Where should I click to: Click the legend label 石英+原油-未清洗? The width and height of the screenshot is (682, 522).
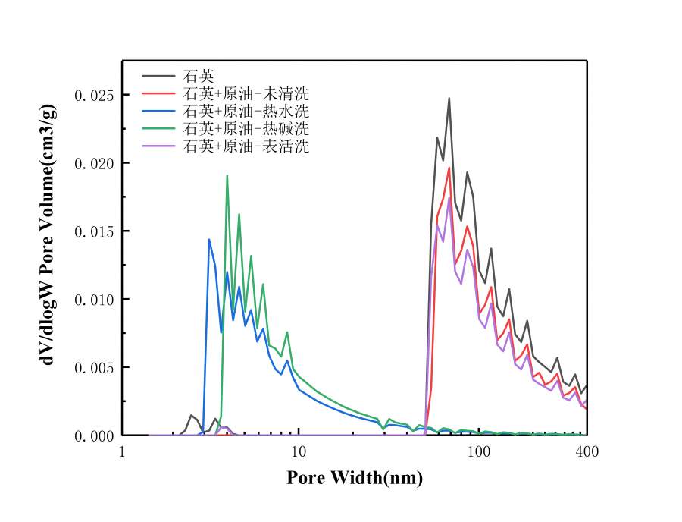pyautogui.click(x=246, y=94)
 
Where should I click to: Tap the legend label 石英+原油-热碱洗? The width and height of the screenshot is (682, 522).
pyautogui.click(x=246, y=128)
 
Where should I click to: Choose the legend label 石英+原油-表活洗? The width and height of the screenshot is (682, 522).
pyautogui.click(x=246, y=146)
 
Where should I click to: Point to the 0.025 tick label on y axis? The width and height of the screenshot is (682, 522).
pyautogui.click(x=92, y=96)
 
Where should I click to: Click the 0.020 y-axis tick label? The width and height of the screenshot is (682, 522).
pyautogui.click(x=92, y=163)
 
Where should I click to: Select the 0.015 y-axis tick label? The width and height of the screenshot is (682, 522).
pyautogui.click(x=92, y=231)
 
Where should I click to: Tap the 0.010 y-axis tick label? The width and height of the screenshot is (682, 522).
pyautogui.click(x=92, y=300)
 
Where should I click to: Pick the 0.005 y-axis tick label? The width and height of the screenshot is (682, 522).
pyautogui.click(x=92, y=367)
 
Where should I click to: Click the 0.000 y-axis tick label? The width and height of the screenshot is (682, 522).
pyautogui.click(x=92, y=436)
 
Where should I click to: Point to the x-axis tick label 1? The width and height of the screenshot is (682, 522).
pyautogui.click(x=123, y=453)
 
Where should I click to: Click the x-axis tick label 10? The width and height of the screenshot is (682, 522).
pyautogui.click(x=299, y=453)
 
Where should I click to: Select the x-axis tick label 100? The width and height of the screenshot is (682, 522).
pyautogui.click(x=479, y=453)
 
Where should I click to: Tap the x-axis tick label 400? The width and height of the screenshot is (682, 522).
pyautogui.click(x=587, y=453)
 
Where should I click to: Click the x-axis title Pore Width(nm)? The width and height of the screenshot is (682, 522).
pyautogui.click(x=355, y=479)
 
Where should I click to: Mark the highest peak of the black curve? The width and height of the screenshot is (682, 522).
pyautogui.click(x=449, y=98)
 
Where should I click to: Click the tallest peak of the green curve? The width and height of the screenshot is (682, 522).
pyautogui.click(x=227, y=176)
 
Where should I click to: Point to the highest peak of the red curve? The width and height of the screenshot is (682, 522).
pyautogui.click(x=449, y=168)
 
